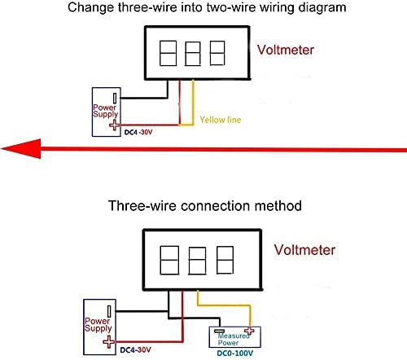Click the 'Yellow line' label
coord(221,120)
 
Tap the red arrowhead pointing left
coord(21,148)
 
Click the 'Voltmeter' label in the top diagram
coord(286,50)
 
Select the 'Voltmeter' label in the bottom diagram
coord(304,250)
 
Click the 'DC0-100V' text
coord(235,353)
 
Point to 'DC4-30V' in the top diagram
coord(138,133)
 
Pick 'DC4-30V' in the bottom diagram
coord(135,350)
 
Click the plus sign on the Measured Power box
coord(249,331)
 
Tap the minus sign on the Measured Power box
coord(219,331)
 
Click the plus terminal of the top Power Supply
coord(115,125)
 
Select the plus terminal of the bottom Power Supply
coord(109,342)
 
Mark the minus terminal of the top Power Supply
coord(115,99)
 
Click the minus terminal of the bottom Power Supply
coord(109,311)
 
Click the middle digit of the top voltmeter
coord(193,53)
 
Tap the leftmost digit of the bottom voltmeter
coord(169,260)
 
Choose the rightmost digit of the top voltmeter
coord(217,53)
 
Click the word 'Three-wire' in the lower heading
coord(142,206)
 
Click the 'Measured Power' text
coord(234,339)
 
